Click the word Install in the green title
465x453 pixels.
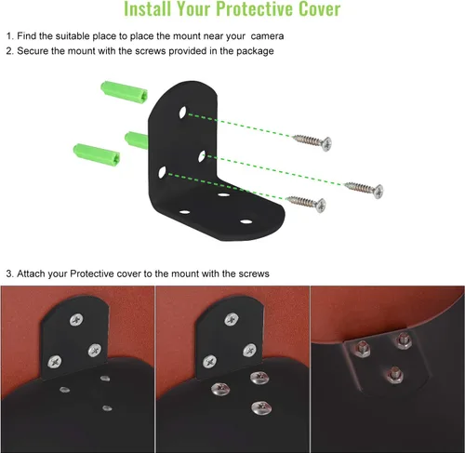tap(147, 8)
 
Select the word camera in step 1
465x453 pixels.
tap(267, 36)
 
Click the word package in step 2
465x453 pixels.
tap(255, 51)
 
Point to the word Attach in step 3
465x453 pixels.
tap(31, 273)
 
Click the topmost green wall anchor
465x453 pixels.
tap(125, 92)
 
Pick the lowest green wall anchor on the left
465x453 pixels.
tap(97, 155)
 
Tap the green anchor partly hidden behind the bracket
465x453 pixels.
tap(137, 140)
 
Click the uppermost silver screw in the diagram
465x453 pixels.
tap(312, 142)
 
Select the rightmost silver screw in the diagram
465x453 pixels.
tap(365, 189)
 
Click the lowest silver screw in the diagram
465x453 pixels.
tap(306, 204)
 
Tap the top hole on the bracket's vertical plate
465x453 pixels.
tap(183, 113)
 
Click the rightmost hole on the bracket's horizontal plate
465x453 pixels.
tap(246, 221)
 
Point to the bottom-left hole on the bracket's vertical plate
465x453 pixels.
tap(162, 172)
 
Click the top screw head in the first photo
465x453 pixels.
tap(76, 320)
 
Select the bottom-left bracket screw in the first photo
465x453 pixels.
tap(55, 361)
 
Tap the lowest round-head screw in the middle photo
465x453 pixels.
tap(261, 407)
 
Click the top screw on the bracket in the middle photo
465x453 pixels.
tap(232, 320)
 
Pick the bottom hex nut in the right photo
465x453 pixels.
tap(395, 375)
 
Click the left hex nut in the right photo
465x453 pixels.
tap(362, 349)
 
